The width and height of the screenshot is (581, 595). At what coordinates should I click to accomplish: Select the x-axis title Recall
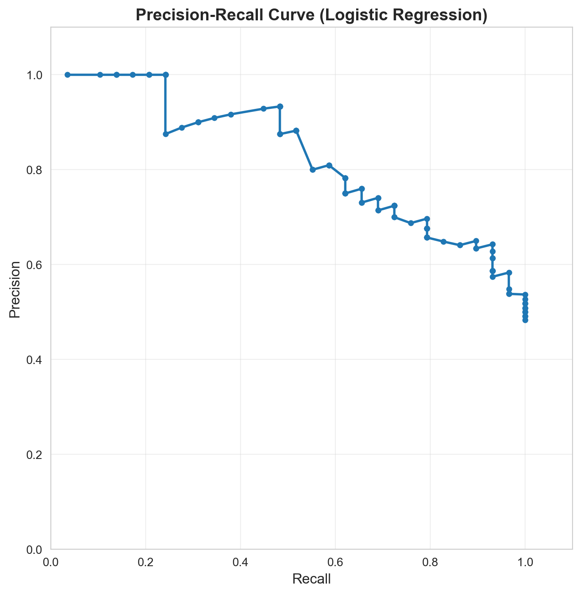(311, 579)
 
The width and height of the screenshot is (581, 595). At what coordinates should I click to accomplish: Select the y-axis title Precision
(15, 289)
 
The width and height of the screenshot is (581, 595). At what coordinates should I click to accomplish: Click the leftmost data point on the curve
(67, 75)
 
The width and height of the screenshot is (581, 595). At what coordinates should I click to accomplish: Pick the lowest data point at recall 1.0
(525, 320)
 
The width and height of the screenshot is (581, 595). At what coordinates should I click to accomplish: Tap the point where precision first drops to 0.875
(166, 134)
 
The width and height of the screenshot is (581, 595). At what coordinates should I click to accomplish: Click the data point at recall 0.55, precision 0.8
(313, 170)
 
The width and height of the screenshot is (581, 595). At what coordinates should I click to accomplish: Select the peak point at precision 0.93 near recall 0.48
(280, 106)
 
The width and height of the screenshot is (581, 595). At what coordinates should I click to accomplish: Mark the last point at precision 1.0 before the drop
(166, 75)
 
